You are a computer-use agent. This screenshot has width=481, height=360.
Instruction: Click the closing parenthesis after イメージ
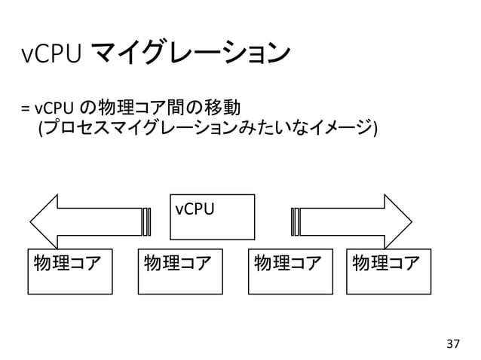point(374,129)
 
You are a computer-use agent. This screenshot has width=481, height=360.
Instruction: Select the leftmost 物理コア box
point(69,271)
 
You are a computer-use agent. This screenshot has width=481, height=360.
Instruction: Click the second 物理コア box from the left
point(180,271)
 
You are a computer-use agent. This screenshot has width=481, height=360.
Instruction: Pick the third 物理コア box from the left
point(290,271)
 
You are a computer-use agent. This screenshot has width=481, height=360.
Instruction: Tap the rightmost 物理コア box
point(388,271)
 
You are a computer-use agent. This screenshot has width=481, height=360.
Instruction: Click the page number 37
point(452,344)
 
